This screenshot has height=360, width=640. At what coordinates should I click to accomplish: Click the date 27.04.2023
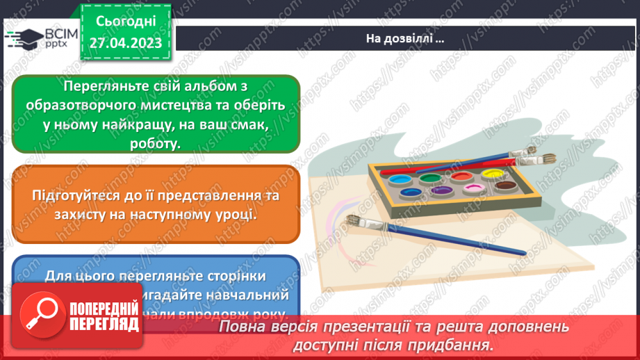[x=125, y=43]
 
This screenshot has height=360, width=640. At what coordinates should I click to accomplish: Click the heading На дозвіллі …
[x=405, y=39]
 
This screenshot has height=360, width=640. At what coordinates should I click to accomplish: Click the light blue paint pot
[x=399, y=180]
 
